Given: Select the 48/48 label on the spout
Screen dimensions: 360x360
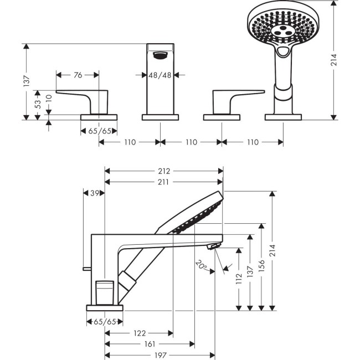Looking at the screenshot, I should pyautogui.click(x=161, y=75).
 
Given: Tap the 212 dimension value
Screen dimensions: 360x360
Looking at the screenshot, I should pyautogui.click(x=164, y=171).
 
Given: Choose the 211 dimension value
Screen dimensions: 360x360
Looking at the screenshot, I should pyautogui.click(x=164, y=182).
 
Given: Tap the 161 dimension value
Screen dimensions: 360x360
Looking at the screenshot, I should pyautogui.click(x=149, y=344).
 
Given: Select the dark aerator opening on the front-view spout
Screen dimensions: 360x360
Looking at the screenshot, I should pyautogui.click(x=161, y=54).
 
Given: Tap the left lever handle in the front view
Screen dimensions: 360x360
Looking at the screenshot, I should pyautogui.click(x=83, y=98).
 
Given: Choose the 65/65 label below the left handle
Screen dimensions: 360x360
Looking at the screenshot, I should pyautogui.click(x=99, y=131).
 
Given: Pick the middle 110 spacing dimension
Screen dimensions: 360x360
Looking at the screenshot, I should pyautogui.click(x=191, y=142).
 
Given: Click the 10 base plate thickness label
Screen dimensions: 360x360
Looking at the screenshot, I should pyautogui.click(x=49, y=100).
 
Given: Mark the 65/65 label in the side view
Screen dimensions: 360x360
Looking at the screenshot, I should pyautogui.click(x=105, y=321).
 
